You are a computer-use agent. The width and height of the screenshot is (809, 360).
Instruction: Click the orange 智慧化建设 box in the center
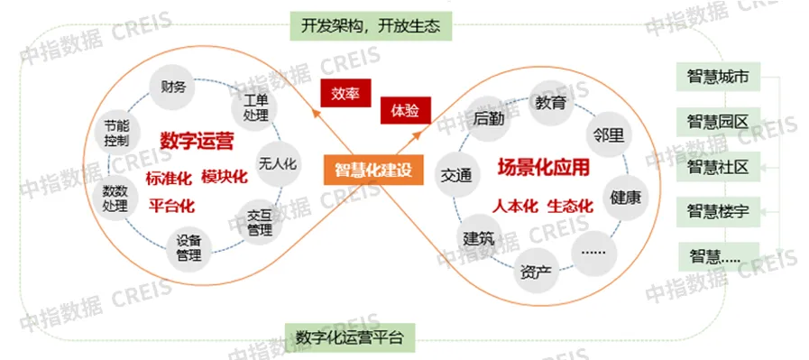click(x=372, y=170)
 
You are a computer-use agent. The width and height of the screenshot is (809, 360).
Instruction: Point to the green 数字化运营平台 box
click(x=349, y=337)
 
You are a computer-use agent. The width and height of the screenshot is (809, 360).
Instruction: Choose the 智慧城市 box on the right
click(x=718, y=78)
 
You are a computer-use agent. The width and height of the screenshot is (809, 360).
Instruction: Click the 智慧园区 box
click(x=718, y=122)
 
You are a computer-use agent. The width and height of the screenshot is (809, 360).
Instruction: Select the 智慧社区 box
click(x=718, y=167)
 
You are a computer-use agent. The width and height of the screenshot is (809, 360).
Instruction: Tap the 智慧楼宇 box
click(x=718, y=212)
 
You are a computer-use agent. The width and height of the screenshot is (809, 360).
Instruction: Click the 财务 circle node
click(x=173, y=88)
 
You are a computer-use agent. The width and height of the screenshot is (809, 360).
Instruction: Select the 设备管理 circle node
click(x=189, y=247)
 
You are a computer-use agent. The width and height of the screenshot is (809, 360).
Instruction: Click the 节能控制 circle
click(x=116, y=133)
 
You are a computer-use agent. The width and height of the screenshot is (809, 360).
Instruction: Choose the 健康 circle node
click(x=624, y=197)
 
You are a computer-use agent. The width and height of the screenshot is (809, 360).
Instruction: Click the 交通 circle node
click(x=456, y=175)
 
